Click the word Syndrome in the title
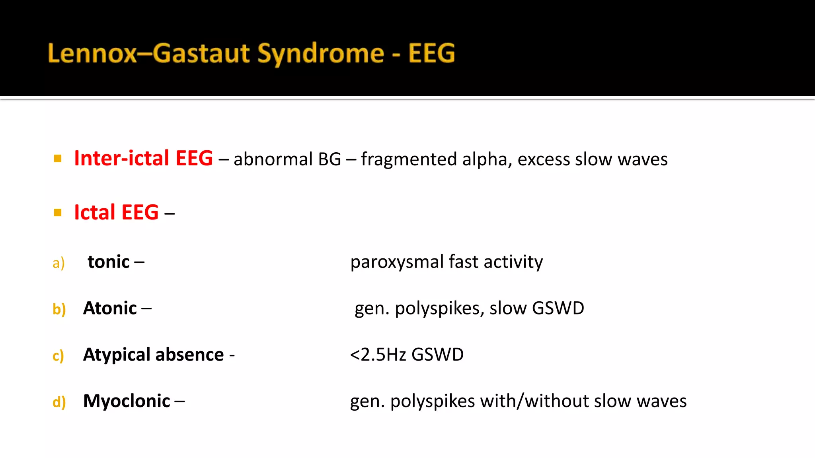tap(320, 54)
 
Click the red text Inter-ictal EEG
tap(143, 158)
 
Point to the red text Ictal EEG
tap(116, 212)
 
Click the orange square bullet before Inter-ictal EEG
tap(58, 159)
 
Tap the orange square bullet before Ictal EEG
tap(58, 213)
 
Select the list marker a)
tap(58, 263)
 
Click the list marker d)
tap(59, 402)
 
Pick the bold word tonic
tap(109, 262)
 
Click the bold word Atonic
tap(110, 308)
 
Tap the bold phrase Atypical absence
tap(153, 354)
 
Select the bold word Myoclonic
tap(127, 401)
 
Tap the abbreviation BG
tap(330, 159)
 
